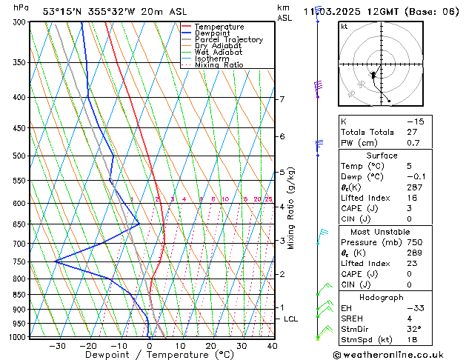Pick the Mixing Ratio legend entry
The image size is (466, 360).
pos(220,64)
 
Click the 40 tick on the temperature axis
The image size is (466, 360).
pos(272,345)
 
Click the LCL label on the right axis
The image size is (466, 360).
pos(291,319)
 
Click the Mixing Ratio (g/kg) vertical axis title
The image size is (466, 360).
pos(292,208)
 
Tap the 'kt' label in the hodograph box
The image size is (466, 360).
pos(344,27)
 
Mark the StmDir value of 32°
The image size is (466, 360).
pos(413,328)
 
